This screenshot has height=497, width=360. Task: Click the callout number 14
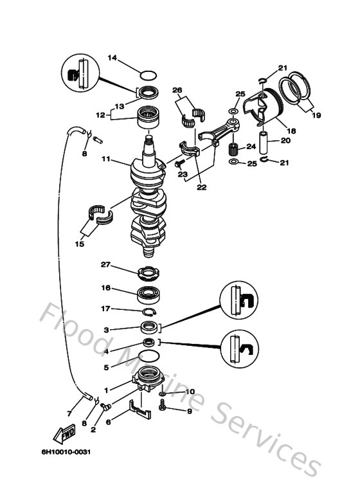point(112,58)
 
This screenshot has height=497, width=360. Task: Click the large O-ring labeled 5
point(148,357)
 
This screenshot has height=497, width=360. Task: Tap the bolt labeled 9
point(164,406)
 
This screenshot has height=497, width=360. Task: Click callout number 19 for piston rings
point(315,116)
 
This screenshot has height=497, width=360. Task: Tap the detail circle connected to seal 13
point(80,72)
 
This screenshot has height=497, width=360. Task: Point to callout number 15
point(80,244)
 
